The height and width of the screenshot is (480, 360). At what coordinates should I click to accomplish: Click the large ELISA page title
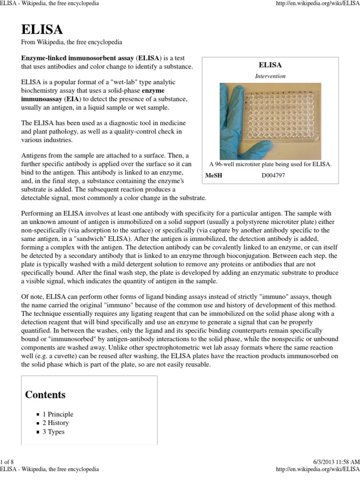[42, 30]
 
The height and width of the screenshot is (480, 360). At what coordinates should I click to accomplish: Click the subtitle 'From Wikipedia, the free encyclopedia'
[72, 42]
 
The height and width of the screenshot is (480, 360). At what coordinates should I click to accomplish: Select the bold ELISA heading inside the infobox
[270, 65]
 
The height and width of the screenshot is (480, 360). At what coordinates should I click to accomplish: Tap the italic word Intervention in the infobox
[270, 76]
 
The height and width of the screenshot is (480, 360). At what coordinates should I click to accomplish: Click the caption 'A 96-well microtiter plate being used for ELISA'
[270, 164]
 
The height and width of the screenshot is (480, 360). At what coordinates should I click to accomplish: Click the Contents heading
[45, 394]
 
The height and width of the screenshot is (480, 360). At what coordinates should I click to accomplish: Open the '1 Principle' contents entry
[58, 414]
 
